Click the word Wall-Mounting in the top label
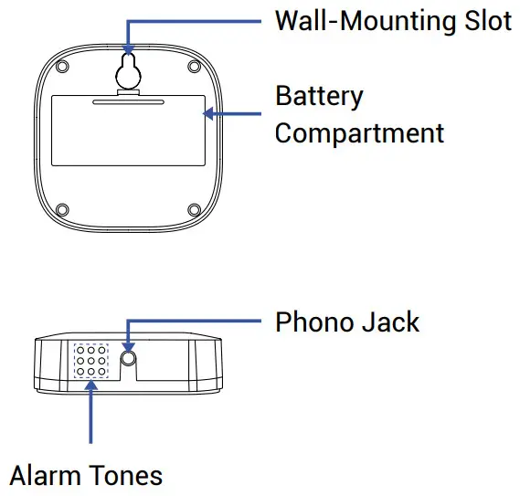[366, 21]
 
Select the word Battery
[319, 96]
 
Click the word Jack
[390, 322]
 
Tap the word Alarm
[43, 475]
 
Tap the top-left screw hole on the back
[61, 69]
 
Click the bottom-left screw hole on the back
[61, 211]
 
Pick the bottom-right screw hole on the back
[194, 211]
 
